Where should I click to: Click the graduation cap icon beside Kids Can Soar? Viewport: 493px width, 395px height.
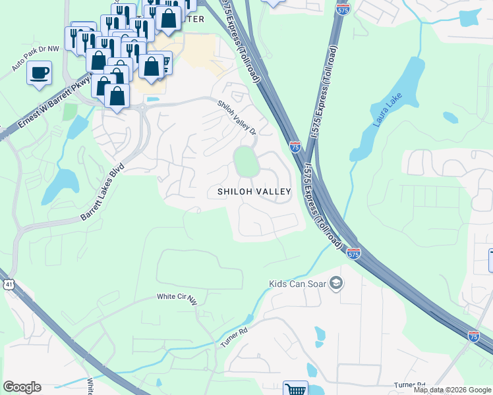click(x=337, y=283)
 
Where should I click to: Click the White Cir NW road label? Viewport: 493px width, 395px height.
click(x=177, y=298)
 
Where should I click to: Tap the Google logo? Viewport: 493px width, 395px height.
click(x=22, y=387)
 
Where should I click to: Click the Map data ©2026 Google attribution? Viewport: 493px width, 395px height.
click(x=451, y=390)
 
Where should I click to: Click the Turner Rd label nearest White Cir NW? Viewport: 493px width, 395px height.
click(x=235, y=339)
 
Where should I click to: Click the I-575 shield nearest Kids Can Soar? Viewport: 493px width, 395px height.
click(x=354, y=253)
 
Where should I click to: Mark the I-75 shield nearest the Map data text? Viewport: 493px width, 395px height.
click(x=473, y=336)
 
